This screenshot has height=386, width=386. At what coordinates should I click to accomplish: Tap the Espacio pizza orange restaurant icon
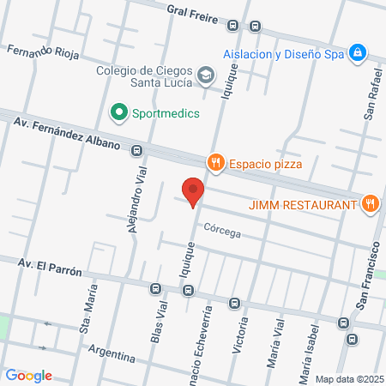click(215, 161)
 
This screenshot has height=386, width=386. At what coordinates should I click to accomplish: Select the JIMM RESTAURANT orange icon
click(370, 204)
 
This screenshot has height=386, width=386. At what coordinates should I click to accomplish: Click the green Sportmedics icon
click(118, 112)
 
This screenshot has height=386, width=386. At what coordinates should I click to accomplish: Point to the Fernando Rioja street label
click(43, 52)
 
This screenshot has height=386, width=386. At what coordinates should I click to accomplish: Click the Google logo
click(28, 375)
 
